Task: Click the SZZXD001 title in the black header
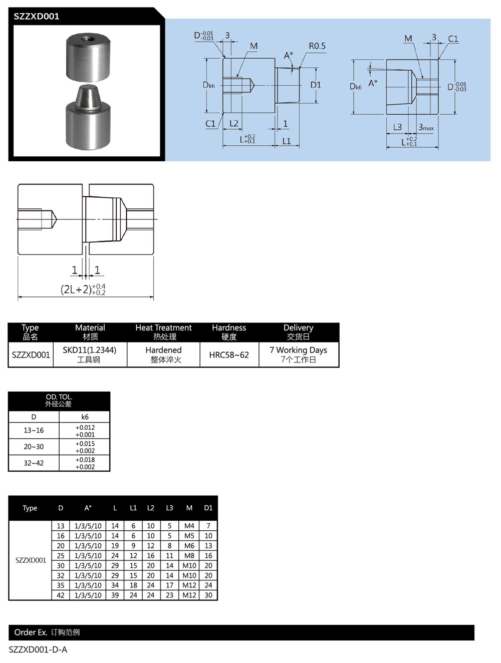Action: click(37, 17)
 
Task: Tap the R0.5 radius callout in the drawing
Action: click(317, 46)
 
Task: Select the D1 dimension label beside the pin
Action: click(316, 85)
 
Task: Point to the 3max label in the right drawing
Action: click(426, 128)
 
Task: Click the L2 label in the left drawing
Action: click(234, 123)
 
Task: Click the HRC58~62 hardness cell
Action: click(229, 355)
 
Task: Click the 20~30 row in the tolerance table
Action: click(34, 447)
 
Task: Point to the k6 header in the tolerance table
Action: click(85, 417)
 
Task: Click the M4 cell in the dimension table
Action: click(189, 526)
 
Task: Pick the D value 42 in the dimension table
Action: click(61, 595)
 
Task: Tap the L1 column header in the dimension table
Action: click(133, 508)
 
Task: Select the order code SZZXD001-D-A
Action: click(38, 649)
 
